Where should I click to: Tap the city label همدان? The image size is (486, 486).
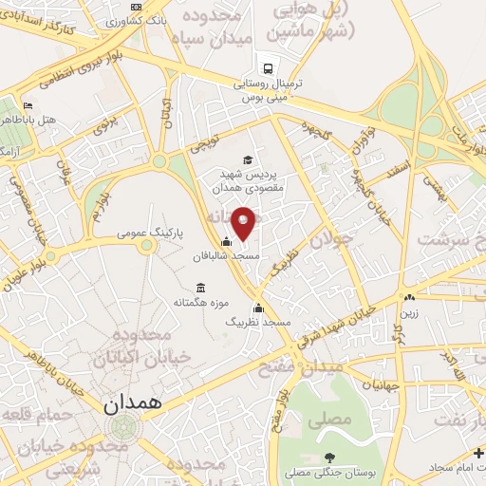click(131, 403)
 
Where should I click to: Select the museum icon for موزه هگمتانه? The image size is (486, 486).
click(200, 288)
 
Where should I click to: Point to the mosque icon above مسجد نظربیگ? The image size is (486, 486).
click(258, 308)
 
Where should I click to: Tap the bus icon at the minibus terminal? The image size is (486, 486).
click(270, 68)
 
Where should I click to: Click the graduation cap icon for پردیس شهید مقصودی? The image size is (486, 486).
click(248, 159)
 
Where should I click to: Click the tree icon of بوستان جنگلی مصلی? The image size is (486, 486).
click(328, 459)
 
